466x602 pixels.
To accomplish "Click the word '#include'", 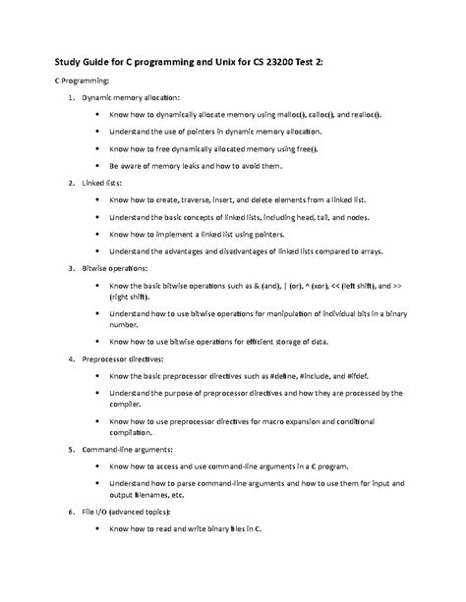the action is (308, 376).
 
